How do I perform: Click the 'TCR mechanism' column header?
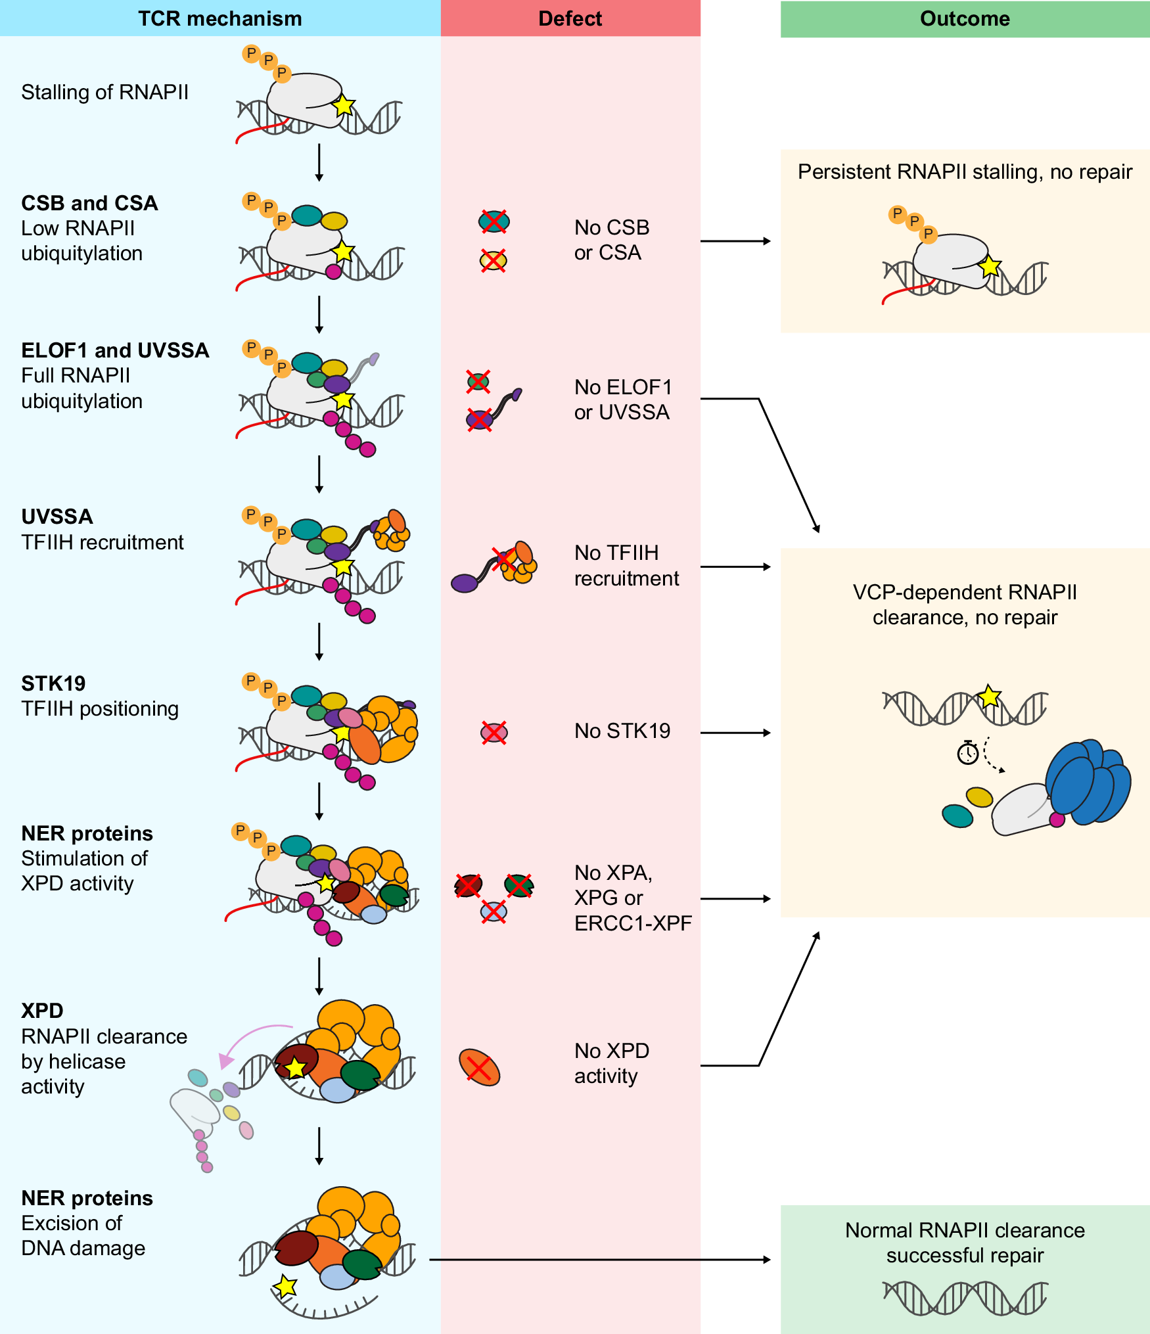pos(219,18)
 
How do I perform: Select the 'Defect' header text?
pos(570,18)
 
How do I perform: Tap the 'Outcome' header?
pos(964,18)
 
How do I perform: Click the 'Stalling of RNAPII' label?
pos(104,92)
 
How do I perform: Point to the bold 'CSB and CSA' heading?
pos(89,203)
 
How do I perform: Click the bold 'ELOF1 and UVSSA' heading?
pos(115,350)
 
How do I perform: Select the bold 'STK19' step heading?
pos(53,683)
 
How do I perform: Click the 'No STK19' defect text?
pos(622,731)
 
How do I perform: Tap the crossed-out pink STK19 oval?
pos(494,732)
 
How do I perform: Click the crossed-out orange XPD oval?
pos(479,1067)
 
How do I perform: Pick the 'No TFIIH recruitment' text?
pos(625,565)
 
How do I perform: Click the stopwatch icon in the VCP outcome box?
pos(967,753)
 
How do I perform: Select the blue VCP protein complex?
pos(1088,782)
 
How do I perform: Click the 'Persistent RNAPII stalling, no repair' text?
pos(964,172)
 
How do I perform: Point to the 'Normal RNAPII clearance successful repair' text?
pos(964,1243)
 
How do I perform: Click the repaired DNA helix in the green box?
pos(964,1298)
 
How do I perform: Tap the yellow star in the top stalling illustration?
pos(343,105)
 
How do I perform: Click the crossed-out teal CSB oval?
pos(494,221)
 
